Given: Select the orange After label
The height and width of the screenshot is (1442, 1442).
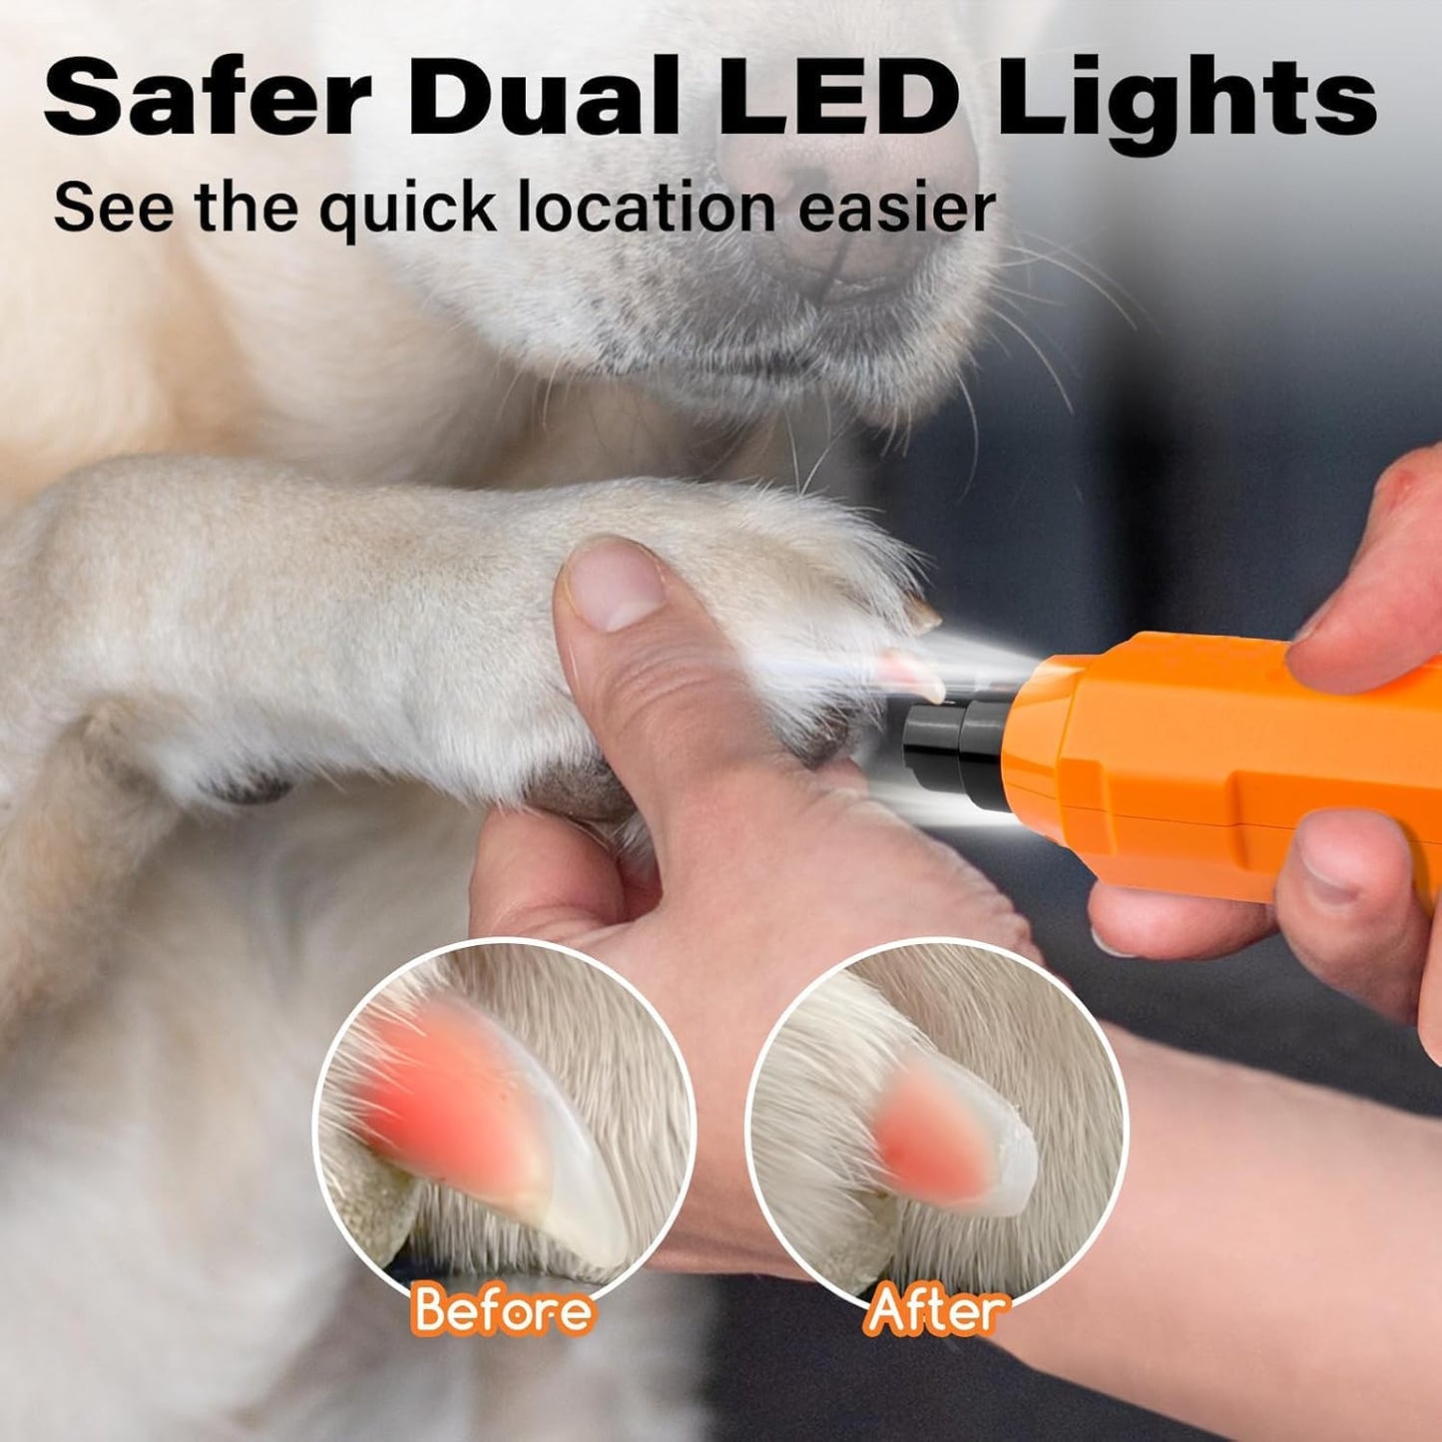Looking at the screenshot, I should point(936,1309).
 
